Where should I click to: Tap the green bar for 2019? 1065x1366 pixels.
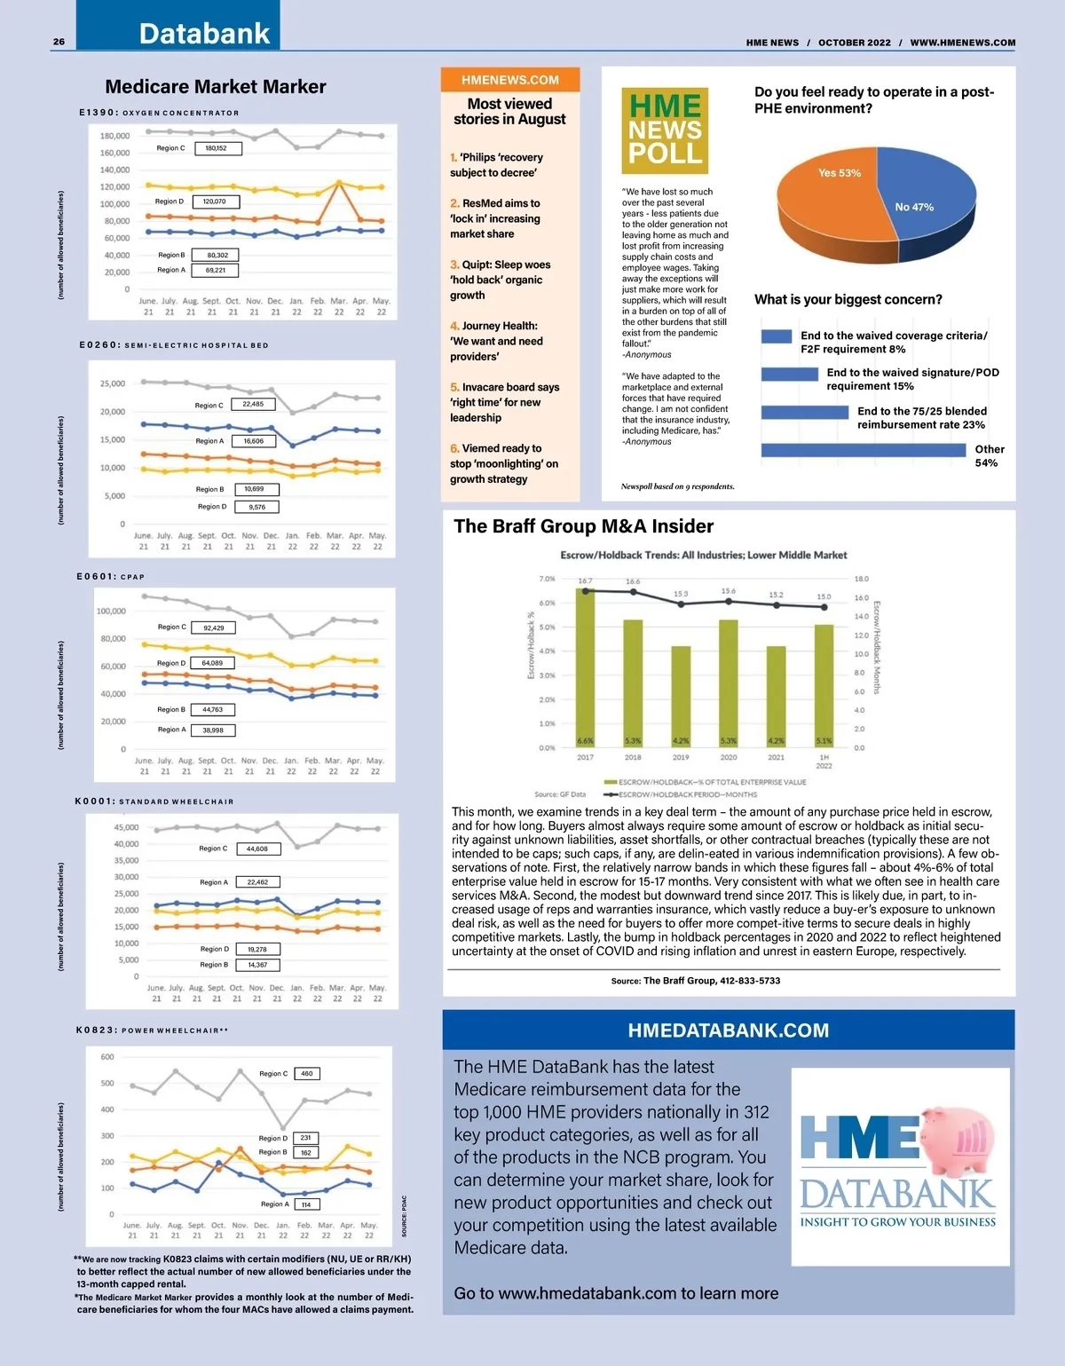[681, 697]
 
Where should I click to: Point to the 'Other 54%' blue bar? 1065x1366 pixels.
[863, 450]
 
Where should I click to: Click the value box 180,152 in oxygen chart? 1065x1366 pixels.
[216, 148]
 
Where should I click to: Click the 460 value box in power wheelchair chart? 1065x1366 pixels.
[306, 1073]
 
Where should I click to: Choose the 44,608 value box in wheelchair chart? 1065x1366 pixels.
[257, 849]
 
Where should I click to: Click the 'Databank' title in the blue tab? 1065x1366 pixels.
[204, 34]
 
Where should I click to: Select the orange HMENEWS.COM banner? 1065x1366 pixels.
[510, 80]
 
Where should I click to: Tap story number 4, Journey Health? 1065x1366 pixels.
[497, 341]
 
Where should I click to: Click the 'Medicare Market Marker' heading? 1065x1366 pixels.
[216, 87]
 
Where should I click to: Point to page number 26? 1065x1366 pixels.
[59, 42]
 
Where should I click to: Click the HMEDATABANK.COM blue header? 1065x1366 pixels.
[728, 1030]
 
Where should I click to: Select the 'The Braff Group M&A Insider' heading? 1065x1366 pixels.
[583, 526]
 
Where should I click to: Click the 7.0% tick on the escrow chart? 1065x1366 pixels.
[547, 579]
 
